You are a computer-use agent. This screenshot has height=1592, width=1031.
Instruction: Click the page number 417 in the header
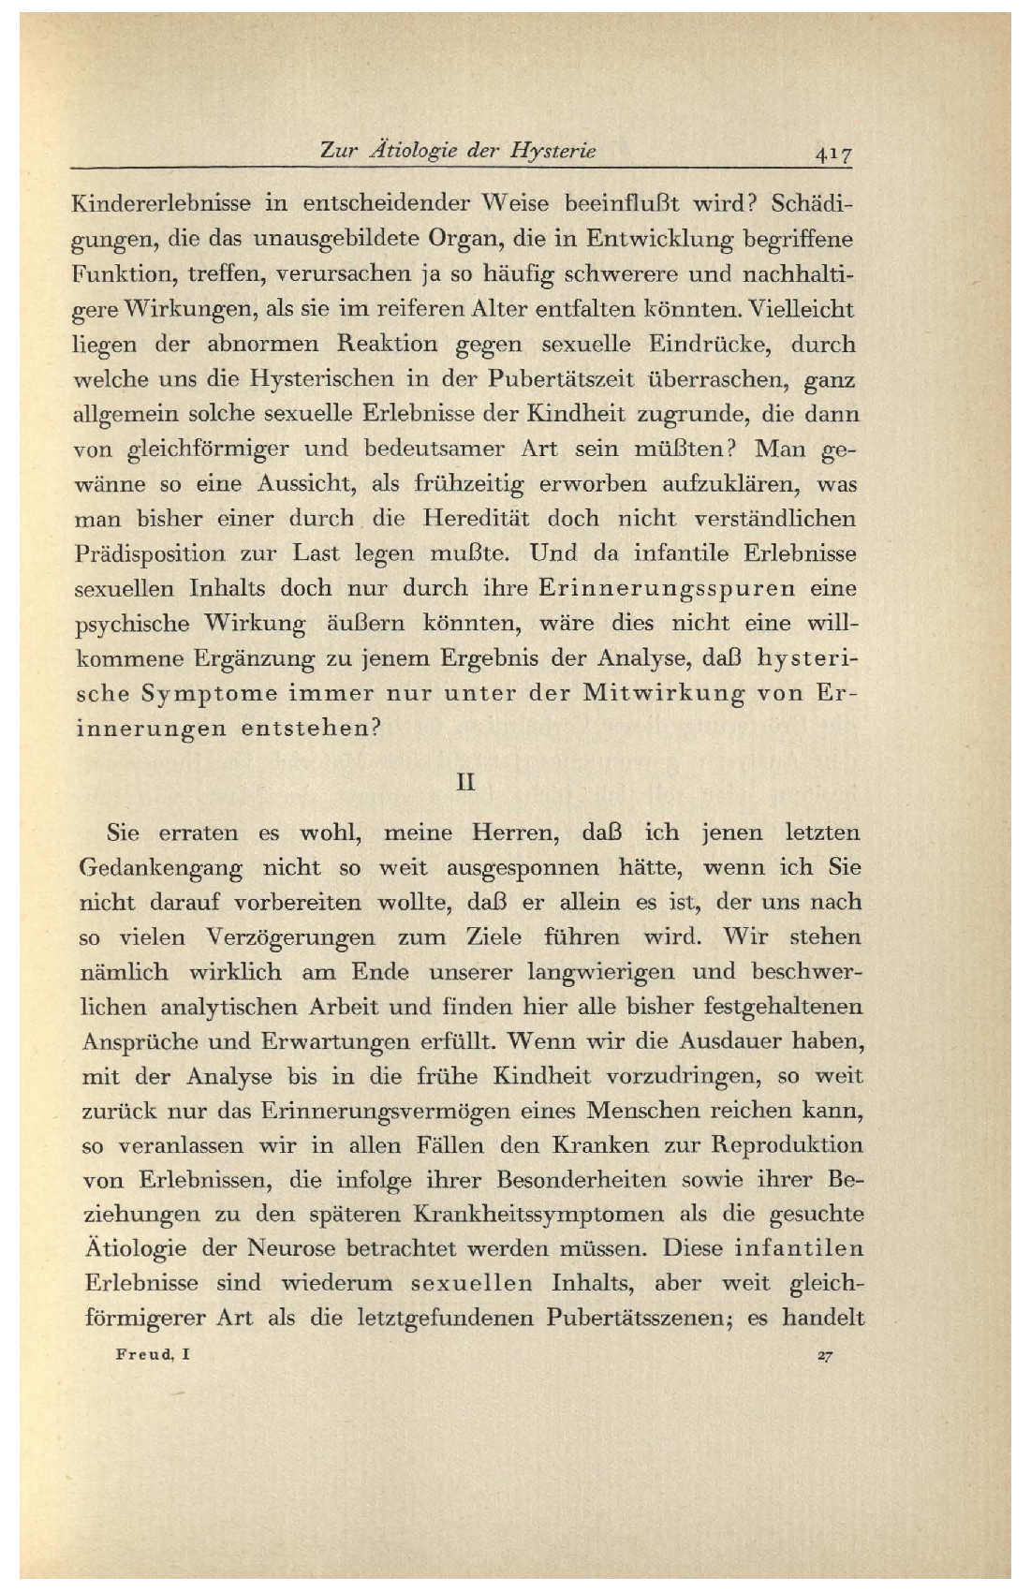[x=832, y=153]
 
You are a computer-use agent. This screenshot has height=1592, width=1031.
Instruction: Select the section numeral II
[x=465, y=780]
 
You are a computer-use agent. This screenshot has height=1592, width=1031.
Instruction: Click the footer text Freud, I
[x=154, y=1354]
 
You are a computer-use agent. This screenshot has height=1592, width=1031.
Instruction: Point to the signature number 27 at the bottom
[x=824, y=1355]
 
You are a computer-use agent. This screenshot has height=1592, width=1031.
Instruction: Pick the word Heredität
[x=477, y=518]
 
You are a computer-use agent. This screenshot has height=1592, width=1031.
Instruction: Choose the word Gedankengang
[x=161, y=868]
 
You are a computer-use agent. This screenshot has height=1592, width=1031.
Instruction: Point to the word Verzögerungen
[x=290, y=937]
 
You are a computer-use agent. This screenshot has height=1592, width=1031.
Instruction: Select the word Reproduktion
[x=786, y=1145]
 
